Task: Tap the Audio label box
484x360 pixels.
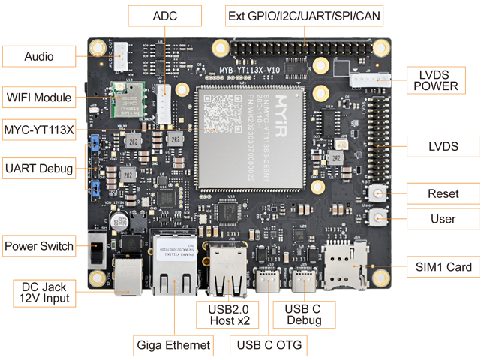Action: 39,57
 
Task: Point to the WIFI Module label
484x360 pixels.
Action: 39,97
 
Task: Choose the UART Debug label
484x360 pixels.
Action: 39,169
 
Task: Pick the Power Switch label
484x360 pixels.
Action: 39,246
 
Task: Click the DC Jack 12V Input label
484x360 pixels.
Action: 45,292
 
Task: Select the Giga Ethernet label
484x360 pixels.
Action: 173,346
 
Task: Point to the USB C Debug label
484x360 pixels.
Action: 303,314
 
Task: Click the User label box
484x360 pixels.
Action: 443,219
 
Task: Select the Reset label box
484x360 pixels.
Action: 443,194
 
